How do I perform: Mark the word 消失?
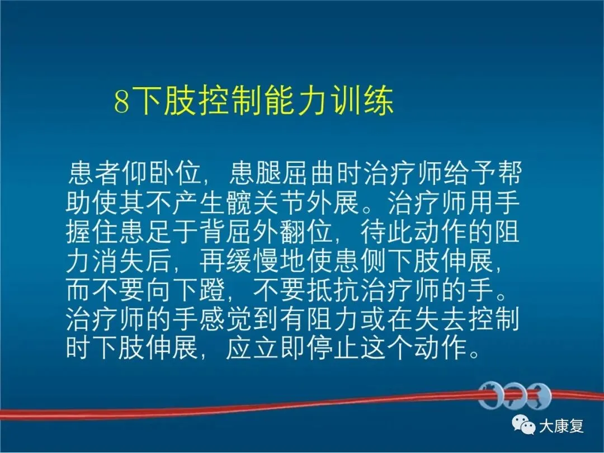coord(118,261)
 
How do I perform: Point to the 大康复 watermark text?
coord(561,426)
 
